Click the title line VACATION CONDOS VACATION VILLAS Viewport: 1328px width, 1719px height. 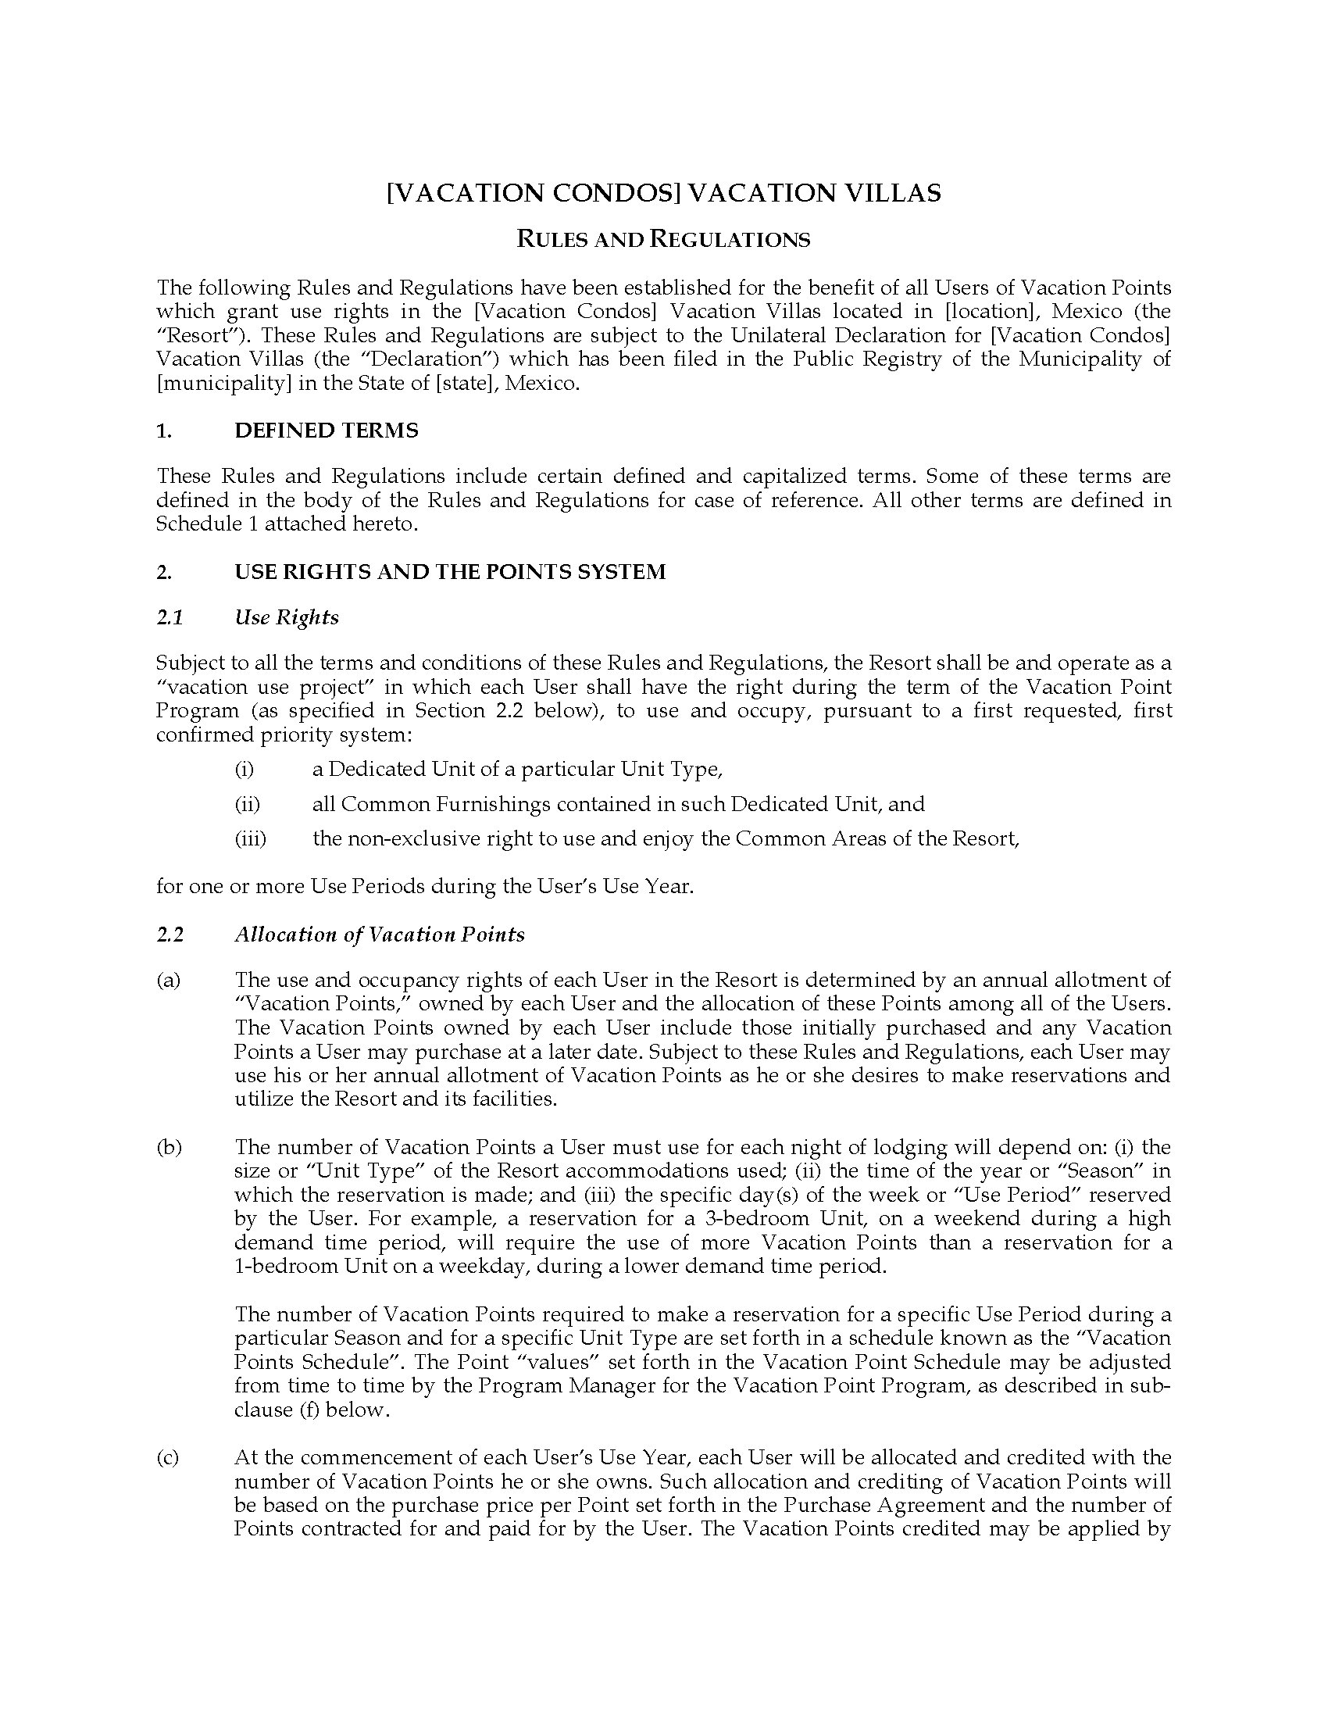663,193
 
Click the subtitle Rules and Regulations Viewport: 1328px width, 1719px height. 663,239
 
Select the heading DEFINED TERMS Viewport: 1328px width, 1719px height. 327,431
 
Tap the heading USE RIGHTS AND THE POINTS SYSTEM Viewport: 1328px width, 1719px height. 450,571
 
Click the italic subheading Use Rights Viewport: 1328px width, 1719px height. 287,617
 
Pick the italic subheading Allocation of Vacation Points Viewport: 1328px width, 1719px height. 379,935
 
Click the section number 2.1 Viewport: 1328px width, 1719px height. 170,617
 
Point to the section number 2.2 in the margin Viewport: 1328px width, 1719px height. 170,935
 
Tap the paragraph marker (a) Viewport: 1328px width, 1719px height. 169,980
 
